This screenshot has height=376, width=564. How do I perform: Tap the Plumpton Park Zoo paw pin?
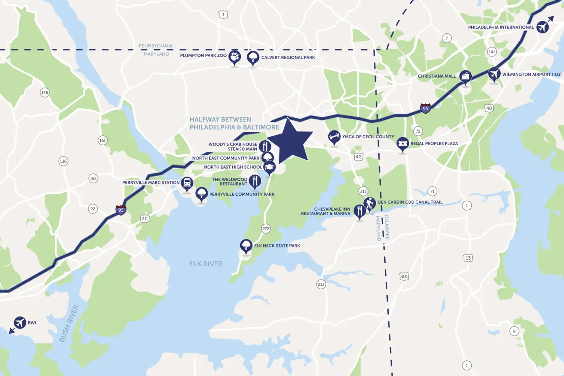pos(234,57)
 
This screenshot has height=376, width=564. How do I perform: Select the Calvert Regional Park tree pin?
pos(253,57)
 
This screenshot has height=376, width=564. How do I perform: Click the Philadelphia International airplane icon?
pos(543,27)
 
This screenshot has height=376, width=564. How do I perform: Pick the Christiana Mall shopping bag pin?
pos(465,76)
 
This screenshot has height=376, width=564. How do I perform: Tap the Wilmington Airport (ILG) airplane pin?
pos(494,74)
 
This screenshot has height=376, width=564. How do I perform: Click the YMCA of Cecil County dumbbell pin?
pos(334,137)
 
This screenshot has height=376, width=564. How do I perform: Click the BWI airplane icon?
pos(20,323)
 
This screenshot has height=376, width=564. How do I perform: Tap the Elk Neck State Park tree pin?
pos(246,245)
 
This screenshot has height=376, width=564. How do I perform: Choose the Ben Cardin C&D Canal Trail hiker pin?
pos(370,203)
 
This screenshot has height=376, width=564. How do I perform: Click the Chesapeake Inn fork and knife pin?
pos(360,211)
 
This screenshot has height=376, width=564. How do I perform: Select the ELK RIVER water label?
pos(206,264)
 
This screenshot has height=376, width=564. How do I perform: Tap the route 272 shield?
pos(266,229)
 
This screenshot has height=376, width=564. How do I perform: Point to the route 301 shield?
pos(404,276)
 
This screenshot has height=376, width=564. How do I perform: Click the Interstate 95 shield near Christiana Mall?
pos(425,108)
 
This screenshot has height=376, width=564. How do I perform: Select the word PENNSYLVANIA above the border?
pos(156,46)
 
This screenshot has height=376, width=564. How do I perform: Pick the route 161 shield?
pos(102,141)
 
